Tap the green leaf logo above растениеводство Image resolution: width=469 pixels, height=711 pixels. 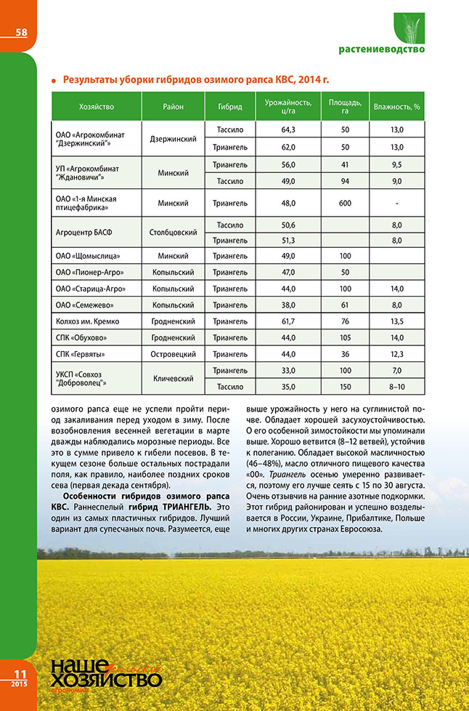pyautogui.click(x=409, y=29)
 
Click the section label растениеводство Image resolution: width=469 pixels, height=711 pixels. pyautogui.click(x=381, y=50)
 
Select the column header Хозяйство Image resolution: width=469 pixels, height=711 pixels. pyautogui.click(x=97, y=107)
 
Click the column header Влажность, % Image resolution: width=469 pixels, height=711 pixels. pyautogui.click(x=396, y=107)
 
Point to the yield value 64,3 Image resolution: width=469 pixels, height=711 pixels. pyautogui.click(x=287, y=129)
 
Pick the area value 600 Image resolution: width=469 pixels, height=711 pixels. pyautogui.click(x=345, y=204)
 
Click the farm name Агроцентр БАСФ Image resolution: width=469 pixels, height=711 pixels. pyautogui.click(x=85, y=233)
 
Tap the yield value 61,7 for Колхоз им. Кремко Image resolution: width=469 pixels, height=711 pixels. pyautogui.click(x=287, y=321)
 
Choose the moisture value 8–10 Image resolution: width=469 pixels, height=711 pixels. pyautogui.click(x=396, y=387)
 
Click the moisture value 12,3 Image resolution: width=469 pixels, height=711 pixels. pyautogui.click(x=396, y=354)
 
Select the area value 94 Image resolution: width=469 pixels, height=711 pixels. pyautogui.click(x=345, y=182)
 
